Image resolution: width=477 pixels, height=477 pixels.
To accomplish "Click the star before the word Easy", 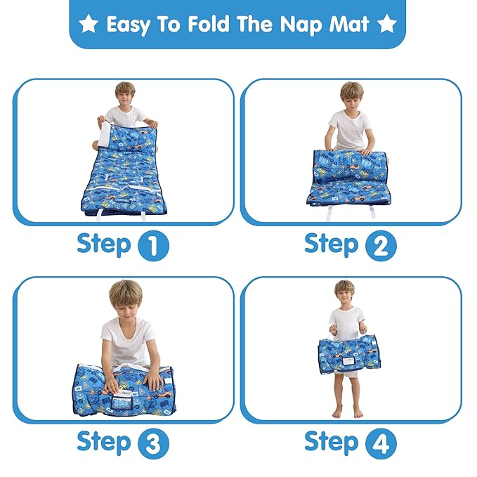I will [89, 25].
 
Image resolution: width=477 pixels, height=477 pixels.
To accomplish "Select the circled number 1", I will [153, 247].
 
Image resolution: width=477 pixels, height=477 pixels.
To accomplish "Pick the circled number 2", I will [381, 247].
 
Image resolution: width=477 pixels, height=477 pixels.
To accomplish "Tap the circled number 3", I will [153, 444].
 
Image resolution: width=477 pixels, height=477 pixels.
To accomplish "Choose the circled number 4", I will [381, 444].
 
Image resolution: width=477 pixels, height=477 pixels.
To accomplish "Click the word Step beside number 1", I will [104, 244].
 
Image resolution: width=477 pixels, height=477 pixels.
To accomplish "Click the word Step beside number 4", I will [332, 442].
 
